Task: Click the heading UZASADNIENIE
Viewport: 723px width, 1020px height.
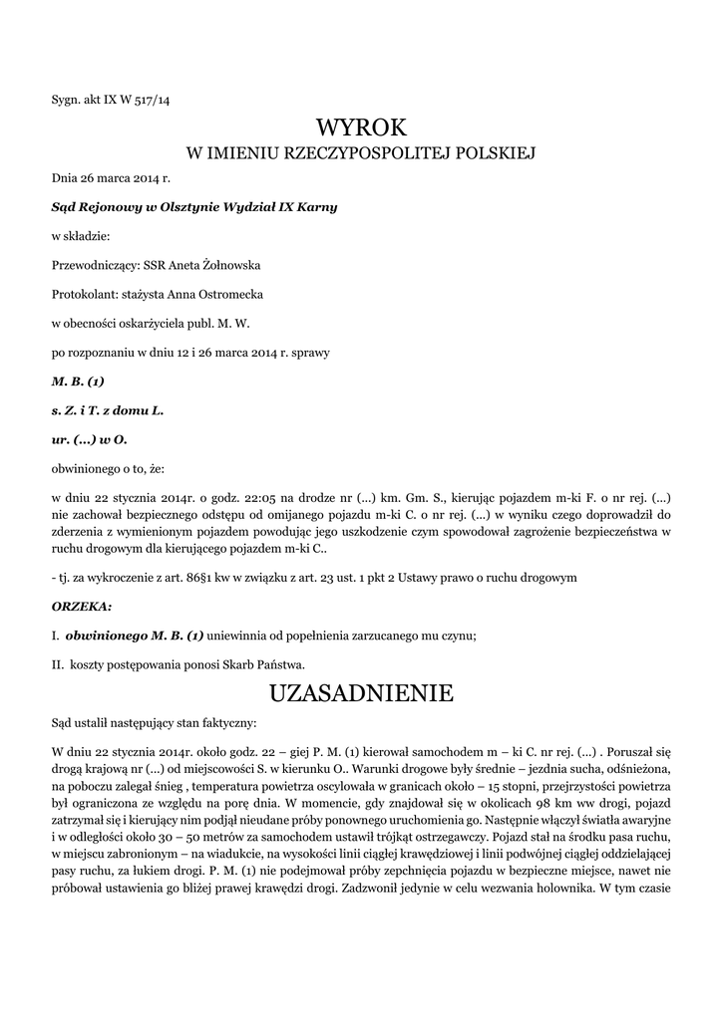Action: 361,690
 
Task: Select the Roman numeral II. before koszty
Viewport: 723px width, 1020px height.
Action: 57,663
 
